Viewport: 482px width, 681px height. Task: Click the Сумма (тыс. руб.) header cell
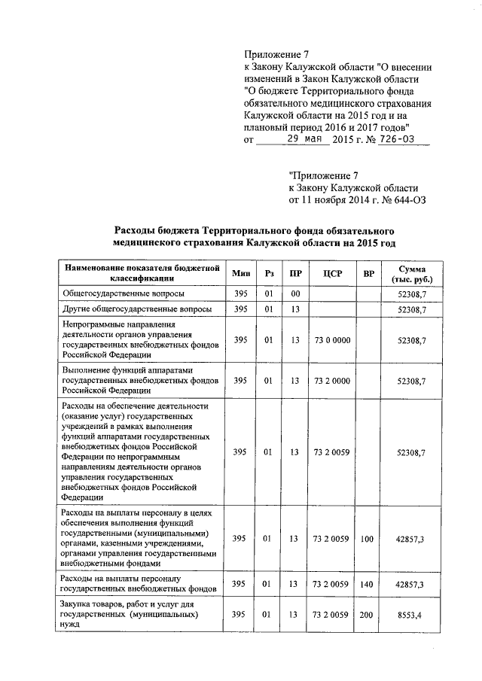[x=412, y=273]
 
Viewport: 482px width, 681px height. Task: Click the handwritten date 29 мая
[x=294, y=139]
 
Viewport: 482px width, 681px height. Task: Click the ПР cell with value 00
[x=295, y=293]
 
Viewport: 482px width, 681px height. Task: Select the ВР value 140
[x=368, y=583]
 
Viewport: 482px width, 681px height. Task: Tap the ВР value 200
[x=368, y=614]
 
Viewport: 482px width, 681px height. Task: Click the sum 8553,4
[x=413, y=615]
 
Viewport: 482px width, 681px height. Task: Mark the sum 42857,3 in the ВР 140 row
[x=413, y=584]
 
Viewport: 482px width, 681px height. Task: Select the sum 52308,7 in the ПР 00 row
[x=413, y=293]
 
